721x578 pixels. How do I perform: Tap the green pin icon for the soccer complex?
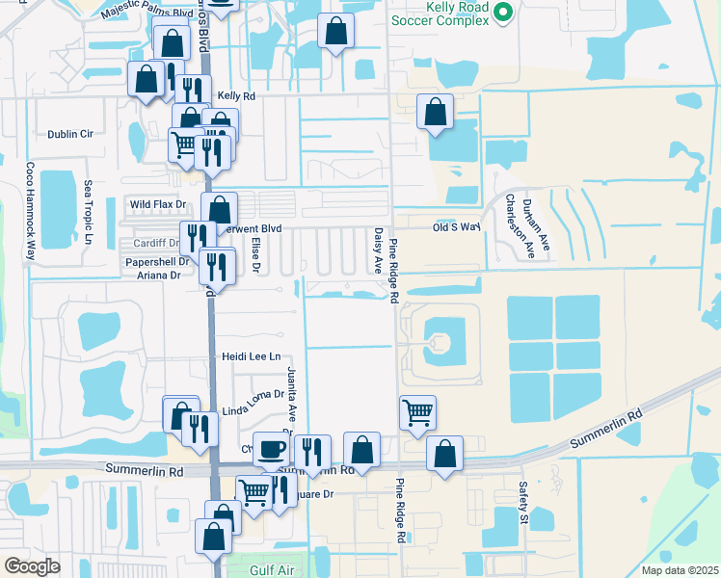(x=502, y=12)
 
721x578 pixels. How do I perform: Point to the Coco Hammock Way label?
(x=30, y=219)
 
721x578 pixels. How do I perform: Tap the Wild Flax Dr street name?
(x=158, y=204)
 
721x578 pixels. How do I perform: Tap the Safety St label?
(x=523, y=499)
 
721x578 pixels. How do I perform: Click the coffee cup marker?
(x=271, y=448)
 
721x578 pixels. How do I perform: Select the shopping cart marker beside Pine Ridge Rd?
(x=417, y=412)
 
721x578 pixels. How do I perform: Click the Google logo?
(x=32, y=565)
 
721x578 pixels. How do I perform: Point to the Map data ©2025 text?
(x=680, y=570)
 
